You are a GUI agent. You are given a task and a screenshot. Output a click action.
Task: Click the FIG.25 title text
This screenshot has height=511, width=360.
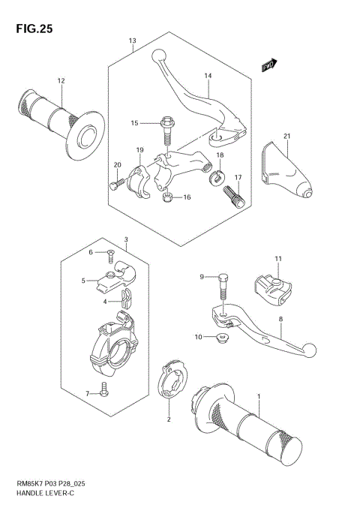[x=31, y=29]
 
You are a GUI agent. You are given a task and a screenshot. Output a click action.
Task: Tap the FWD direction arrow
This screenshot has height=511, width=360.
[x=269, y=67]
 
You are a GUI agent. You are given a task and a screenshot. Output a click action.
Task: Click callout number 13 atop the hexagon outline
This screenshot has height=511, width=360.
[x=132, y=40]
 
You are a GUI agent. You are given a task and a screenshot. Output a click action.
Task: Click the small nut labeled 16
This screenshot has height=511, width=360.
[x=167, y=197]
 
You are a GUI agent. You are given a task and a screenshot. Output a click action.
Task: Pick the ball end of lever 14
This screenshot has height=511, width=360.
[x=160, y=55]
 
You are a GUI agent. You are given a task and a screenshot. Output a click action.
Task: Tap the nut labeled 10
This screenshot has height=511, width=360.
[x=220, y=341]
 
